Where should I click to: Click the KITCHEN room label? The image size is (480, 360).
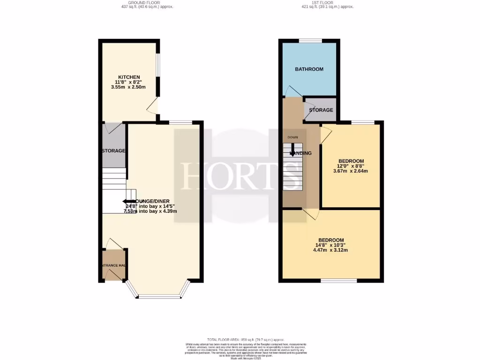tap(129, 77)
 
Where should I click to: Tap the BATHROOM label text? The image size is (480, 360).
tap(309, 69)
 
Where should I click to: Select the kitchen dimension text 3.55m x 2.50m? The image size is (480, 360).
tap(129, 87)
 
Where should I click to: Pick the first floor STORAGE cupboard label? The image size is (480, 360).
tap(321, 110)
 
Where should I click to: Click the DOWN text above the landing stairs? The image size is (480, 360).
tap(293, 137)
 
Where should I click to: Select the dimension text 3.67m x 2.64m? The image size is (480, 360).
tap(351, 171)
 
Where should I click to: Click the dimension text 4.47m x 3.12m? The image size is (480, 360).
tap(330, 250)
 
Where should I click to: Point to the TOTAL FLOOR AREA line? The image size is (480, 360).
tap(240, 339)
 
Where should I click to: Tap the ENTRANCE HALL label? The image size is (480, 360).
tap(113, 266)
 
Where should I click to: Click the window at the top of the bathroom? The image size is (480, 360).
tap(309, 41)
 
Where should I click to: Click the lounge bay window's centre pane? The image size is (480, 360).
tap(160, 296)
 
